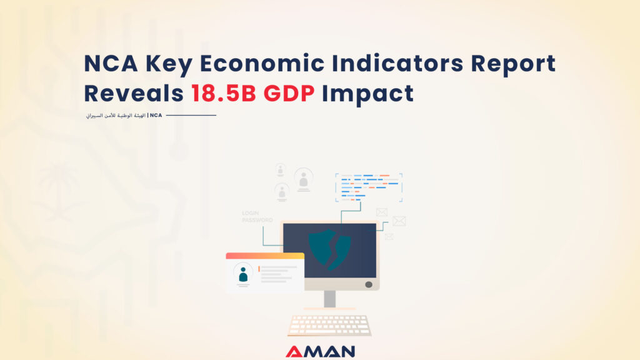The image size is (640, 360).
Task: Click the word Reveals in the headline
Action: pyautogui.click(x=133, y=93)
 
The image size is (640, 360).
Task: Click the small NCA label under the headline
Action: pyautogui.click(x=156, y=115)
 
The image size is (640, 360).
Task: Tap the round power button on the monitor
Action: pyautogui.click(x=368, y=284)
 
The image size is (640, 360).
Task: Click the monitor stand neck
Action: pyautogui.click(x=329, y=299)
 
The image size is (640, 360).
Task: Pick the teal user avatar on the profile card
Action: pyautogui.click(x=243, y=273)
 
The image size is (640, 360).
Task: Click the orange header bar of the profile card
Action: pyautogui.click(x=265, y=256)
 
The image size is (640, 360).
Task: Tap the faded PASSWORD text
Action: pyautogui.click(x=257, y=220)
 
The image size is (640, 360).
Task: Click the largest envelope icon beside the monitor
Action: pyautogui.click(x=399, y=221)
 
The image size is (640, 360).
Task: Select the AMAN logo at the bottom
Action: pyautogui.click(x=320, y=352)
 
